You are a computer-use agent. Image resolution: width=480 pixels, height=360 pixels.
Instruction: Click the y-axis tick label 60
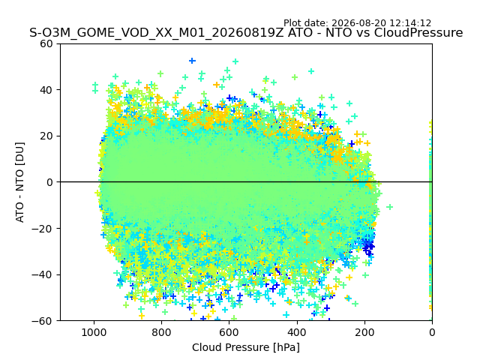(x=46, y=43)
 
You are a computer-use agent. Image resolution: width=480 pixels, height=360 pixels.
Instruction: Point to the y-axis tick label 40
(x=46, y=90)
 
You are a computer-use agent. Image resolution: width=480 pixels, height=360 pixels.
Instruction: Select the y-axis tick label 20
(x=46, y=136)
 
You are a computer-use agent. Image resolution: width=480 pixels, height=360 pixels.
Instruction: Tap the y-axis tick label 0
(x=50, y=182)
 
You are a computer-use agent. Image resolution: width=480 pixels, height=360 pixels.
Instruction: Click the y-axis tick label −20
(x=43, y=229)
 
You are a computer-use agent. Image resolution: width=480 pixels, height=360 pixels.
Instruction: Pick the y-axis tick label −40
(x=43, y=275)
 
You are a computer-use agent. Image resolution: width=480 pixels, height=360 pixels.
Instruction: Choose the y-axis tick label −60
(x=43, y=321)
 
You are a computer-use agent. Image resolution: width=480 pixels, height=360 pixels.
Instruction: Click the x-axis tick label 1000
(x=94, y=332)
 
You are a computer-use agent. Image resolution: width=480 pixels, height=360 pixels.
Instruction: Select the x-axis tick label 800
(x=162, y=332)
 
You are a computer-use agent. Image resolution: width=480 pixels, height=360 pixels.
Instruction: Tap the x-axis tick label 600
(x=229, y=332)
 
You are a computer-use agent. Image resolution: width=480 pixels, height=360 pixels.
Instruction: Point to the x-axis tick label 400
(x=297, y=332)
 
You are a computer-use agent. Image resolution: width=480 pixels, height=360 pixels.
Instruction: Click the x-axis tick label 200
(x=364, y=332)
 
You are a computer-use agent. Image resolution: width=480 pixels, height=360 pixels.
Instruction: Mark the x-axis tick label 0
(x=432, y=332)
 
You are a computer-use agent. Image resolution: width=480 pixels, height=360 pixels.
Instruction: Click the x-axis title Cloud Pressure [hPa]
(x=246, y=348)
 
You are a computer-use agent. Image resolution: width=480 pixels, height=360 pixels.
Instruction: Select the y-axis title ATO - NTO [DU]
(x=20, y=182)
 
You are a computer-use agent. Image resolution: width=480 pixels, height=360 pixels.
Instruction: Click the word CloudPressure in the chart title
(x=418, y=33)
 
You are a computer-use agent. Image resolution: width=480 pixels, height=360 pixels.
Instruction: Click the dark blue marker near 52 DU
(x=192, y=61)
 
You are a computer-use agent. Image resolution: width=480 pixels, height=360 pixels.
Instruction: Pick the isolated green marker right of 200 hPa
(x=389, y=207)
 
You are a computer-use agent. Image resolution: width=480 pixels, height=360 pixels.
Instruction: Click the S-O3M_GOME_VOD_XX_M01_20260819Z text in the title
(x=157, y=33)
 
